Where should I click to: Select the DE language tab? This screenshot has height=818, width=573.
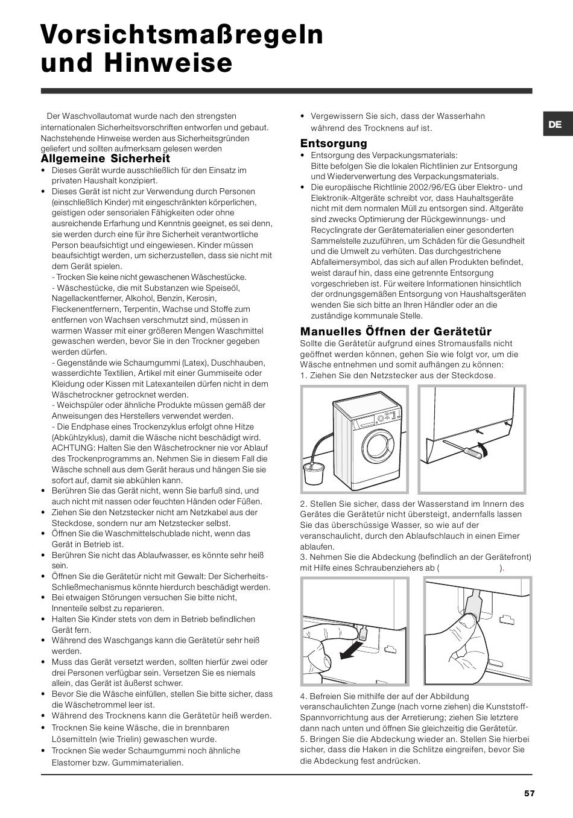click(555, 124)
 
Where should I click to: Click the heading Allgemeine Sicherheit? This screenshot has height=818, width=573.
click(106, 159)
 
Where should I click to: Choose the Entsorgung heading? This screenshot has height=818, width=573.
click(334, 143)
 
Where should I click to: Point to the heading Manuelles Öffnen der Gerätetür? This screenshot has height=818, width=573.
click(396, 331)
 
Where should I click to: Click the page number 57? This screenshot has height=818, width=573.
click(529, 793)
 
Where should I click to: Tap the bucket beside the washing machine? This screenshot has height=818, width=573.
click(314, 474)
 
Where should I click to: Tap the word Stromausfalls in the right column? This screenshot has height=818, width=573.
click(429, 344)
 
